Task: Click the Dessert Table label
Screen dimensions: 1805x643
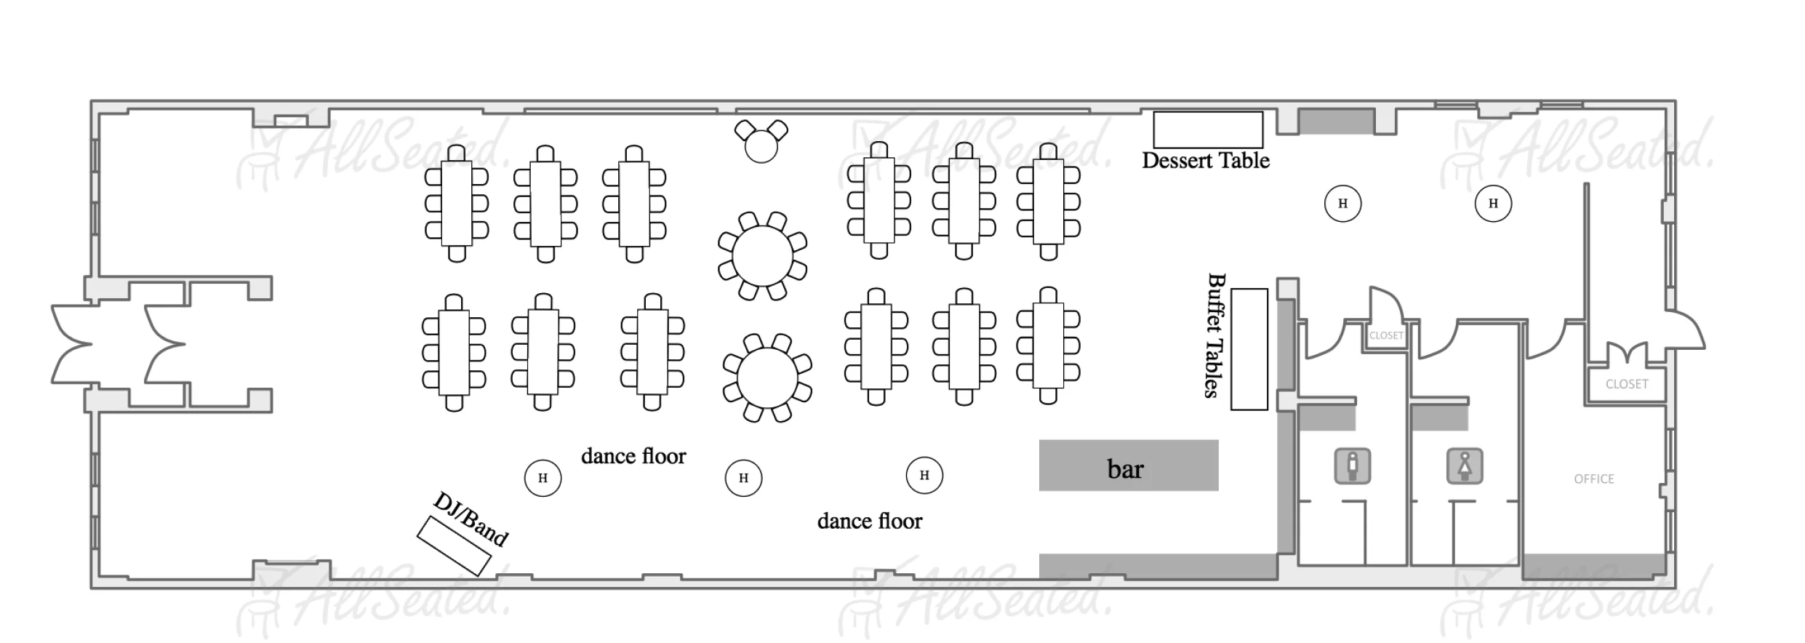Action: [x=1205, y=161]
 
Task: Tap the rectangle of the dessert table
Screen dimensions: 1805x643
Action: [x=1207, y=129]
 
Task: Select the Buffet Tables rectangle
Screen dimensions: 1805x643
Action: [x=1249, y=349]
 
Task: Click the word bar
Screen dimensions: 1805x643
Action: [x=1125, y=469]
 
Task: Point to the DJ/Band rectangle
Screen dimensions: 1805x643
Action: [x=453, y=546]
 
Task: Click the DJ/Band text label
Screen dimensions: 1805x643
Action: [x=471, y=519]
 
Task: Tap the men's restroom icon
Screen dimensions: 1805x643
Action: [x=1352, y=466]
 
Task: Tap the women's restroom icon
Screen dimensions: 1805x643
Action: [x=1464, y=466]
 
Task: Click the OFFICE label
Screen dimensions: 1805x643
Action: [x=1593, y=479]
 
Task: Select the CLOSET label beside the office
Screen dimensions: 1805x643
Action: [x=1626, y=384]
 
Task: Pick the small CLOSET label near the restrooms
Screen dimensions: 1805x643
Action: [x=1385, y=335]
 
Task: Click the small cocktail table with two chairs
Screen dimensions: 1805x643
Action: [x=761, y=145]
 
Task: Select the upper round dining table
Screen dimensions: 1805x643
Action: [x=762, y=256]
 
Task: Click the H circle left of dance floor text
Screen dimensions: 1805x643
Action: [x=543, y=478]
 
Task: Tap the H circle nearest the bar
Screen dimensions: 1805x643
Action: [x=924, y=475]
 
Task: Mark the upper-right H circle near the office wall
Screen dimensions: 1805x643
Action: [x=1492, y=204]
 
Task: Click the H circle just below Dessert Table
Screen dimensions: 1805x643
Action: [x=1342, y=204]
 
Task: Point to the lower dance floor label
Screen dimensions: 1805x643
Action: [x=869, y=521]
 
